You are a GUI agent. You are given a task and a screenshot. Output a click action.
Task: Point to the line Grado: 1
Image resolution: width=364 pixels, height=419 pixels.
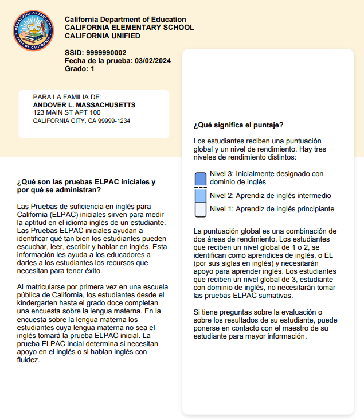pos(80,69)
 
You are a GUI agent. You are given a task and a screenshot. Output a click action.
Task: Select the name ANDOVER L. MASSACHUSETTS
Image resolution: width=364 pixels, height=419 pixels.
pos(84,105)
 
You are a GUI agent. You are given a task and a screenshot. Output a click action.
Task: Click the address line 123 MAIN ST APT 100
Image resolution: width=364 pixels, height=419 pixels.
pos(67,112)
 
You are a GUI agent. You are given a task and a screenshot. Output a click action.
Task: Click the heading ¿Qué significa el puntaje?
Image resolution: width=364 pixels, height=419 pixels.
pos(238,125)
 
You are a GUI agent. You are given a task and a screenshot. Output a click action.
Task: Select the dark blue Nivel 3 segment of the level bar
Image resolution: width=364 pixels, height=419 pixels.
pos(200,179)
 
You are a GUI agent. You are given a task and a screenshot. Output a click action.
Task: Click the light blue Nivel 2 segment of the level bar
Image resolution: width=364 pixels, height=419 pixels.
pos(200,196)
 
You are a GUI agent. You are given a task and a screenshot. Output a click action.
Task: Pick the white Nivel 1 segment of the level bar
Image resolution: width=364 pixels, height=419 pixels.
pos(200,209)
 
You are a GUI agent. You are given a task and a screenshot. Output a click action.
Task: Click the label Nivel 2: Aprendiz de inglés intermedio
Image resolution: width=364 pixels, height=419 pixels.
pos(271,195)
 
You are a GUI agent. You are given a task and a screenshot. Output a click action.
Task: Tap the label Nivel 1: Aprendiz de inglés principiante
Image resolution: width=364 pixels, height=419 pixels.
pos(272,209)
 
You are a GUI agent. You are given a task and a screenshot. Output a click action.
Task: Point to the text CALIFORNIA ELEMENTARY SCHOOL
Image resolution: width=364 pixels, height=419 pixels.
pos(130,28)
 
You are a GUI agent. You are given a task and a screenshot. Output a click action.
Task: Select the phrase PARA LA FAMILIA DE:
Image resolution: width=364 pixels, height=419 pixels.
pos(67,97)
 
